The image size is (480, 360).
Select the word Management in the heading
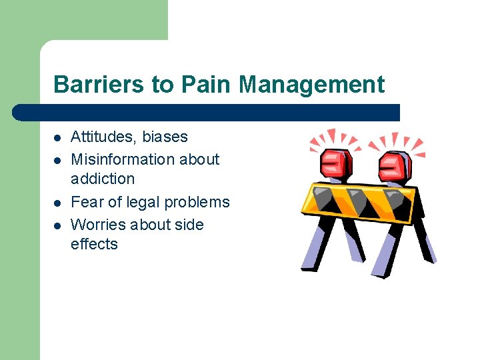(x=312, y=85)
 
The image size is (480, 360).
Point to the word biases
(x=165, y=137)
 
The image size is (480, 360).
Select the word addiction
(x=103, y=179)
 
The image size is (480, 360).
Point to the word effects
(x=94, y=244)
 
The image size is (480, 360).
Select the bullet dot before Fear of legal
(x=57, y=203)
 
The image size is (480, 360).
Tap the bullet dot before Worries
(x=57, y=226)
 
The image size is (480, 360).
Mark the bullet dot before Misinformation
(x=57, y=161)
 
